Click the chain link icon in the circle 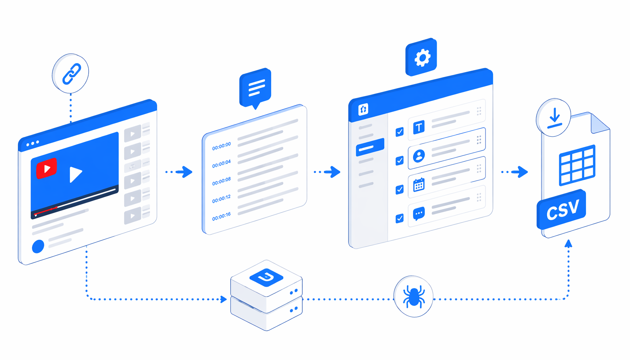point(72,74)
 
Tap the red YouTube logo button point(46,168)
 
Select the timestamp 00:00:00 point(221,146)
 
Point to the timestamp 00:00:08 point(221,181)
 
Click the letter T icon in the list point(419,127)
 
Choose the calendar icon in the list point(419,185)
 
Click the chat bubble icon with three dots point(419,213)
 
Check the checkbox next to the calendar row point(399,190)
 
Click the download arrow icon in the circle point(554,118)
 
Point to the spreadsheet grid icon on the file point(577,165)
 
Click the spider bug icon point(413,296)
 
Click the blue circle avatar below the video point(38,246)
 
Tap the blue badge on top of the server point(266,277)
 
